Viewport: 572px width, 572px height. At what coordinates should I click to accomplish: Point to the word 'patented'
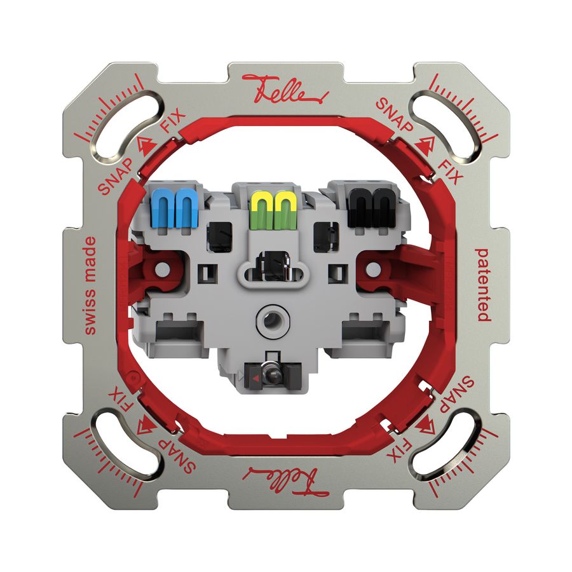pos(482,284)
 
